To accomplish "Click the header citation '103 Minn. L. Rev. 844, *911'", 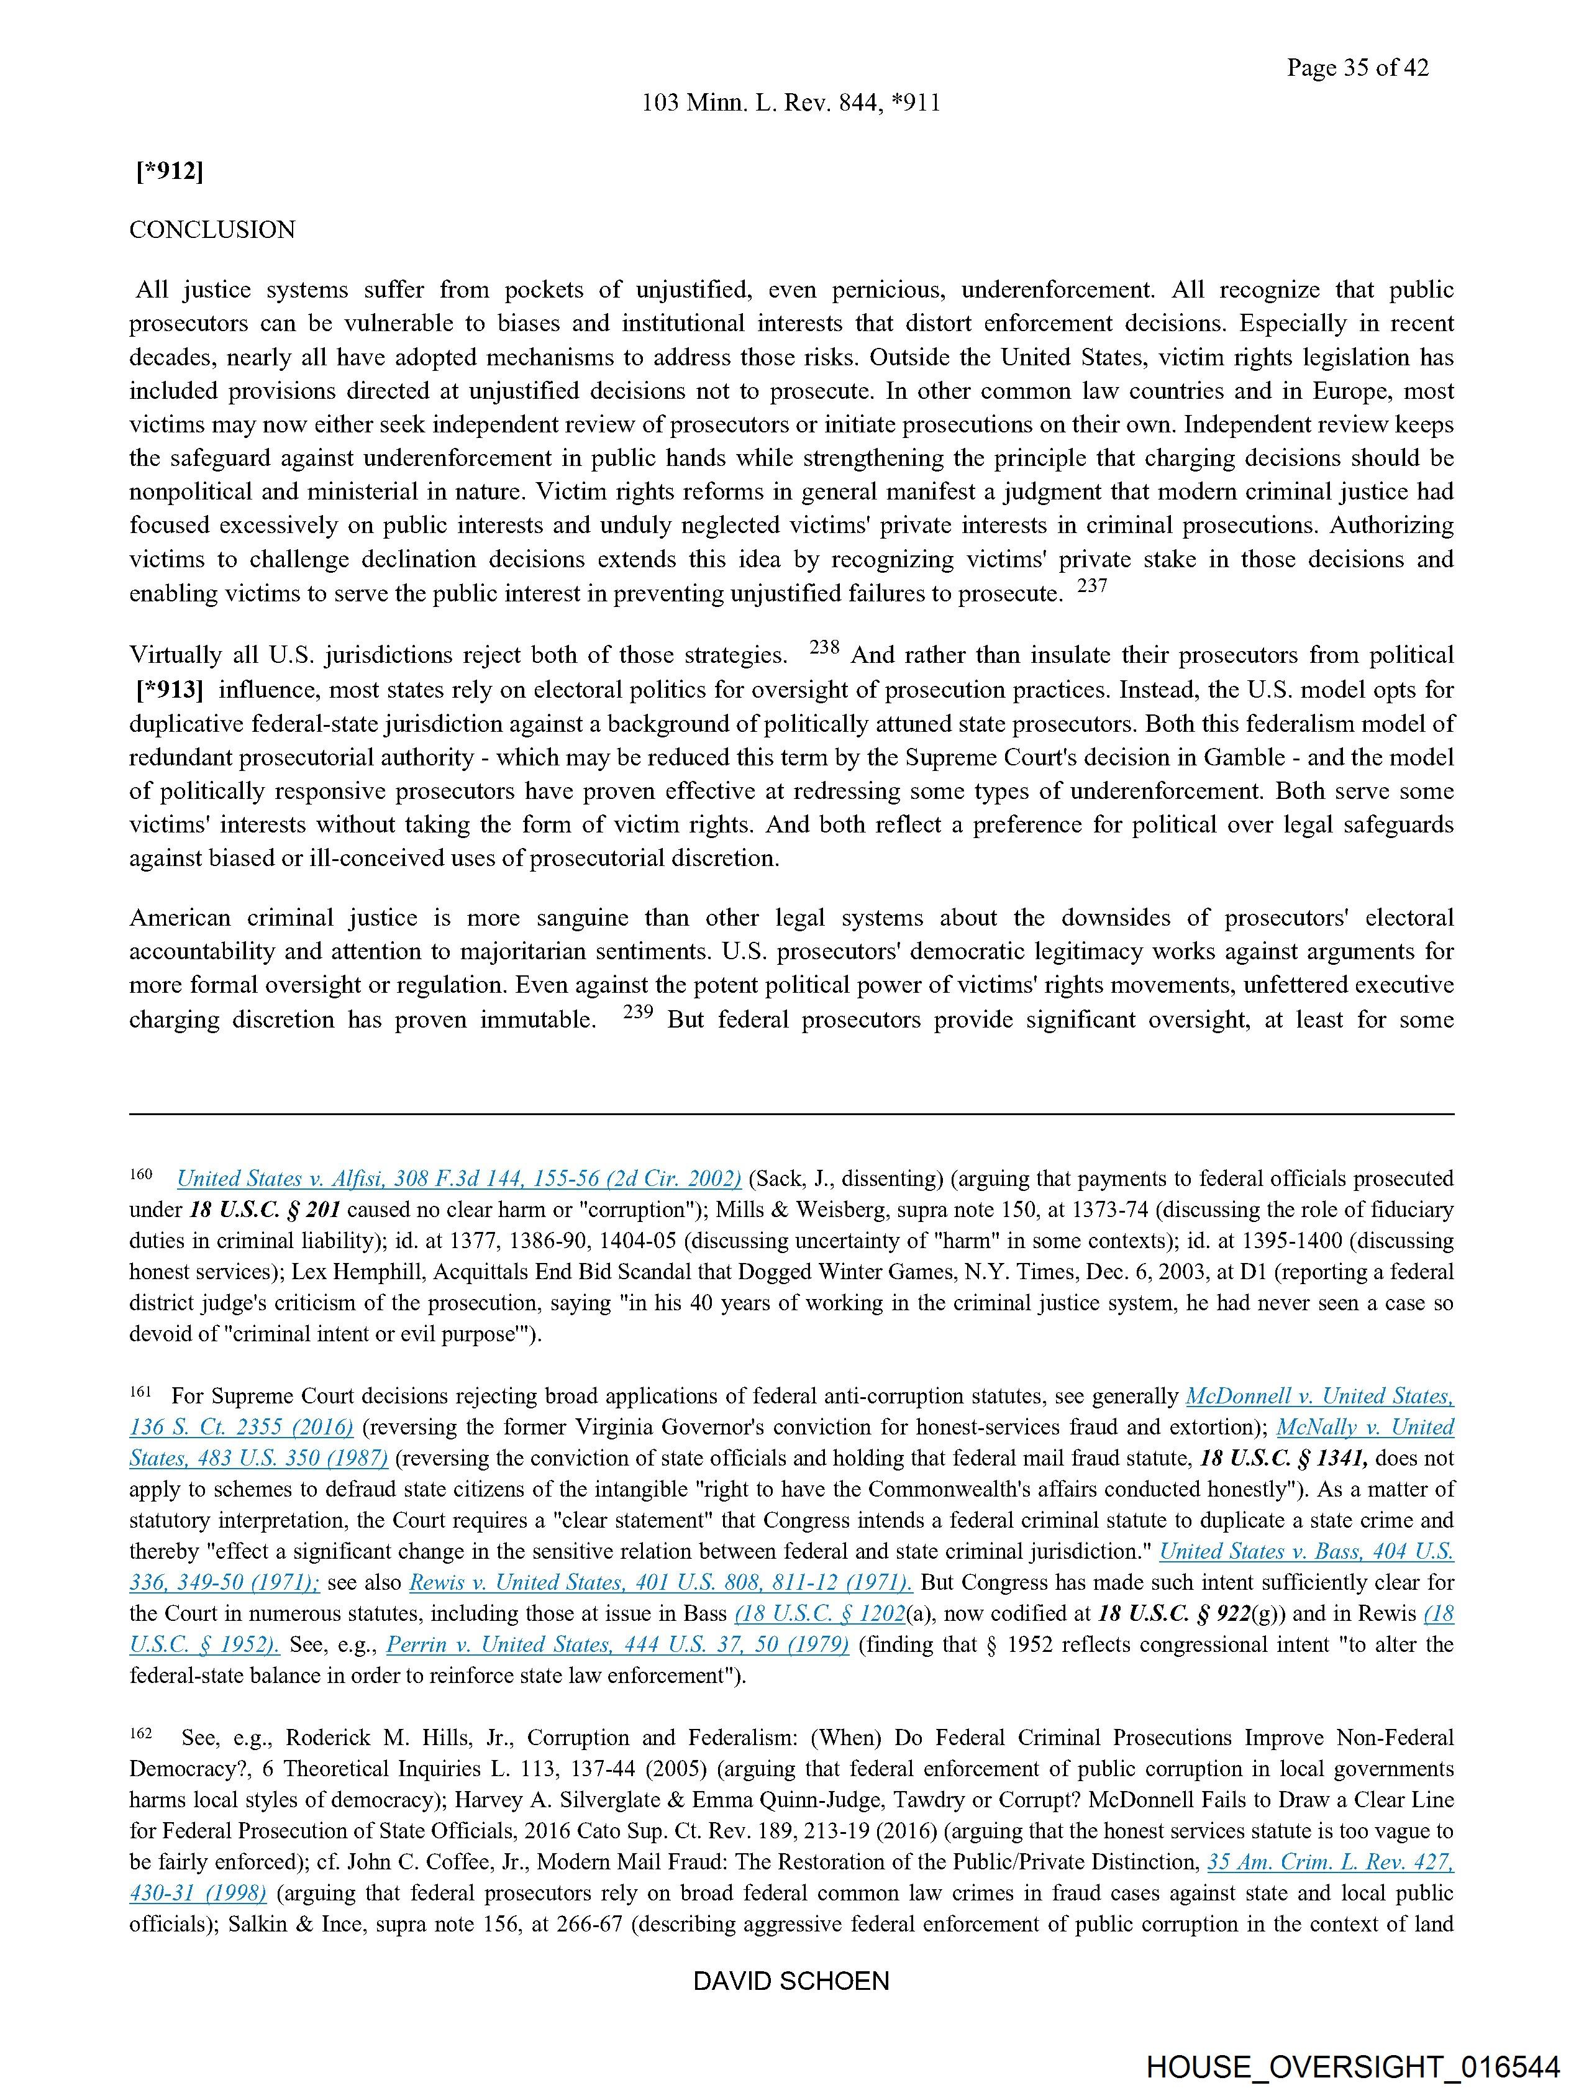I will (x=791, y=103).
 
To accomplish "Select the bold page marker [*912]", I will (x=170, y=171).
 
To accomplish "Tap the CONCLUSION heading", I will (x=212, y=230).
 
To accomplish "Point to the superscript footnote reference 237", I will (x=1092, y=586).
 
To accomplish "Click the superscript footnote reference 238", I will (x=825, y=648).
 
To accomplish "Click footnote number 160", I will (x=141, y=1174).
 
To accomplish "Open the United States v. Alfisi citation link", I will (x=459, y=1179).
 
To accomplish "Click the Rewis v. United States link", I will (x=660, y=1582).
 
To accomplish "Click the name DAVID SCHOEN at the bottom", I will (x=791, y=1981).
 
